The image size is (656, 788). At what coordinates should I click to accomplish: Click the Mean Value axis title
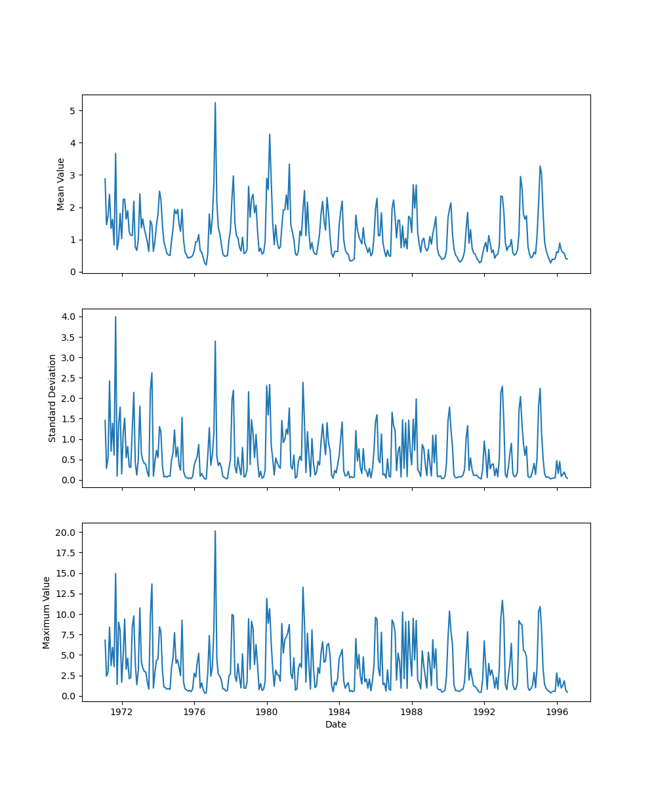click(x=61, y=184)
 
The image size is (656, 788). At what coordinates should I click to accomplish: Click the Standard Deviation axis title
click(x=52, y=398)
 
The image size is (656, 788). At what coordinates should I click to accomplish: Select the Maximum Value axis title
click(x=47, y=613)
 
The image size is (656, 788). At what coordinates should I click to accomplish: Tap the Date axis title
click(x=336, y=724)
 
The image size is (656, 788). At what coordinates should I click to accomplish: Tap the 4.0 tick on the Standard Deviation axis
click(x=68, y=317)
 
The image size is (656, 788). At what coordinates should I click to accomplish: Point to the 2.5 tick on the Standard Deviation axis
click(x=68, y=378)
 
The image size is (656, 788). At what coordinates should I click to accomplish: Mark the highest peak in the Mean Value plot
click(x=215, y=103)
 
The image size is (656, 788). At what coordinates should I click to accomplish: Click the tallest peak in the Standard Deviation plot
click(x=115, y=317)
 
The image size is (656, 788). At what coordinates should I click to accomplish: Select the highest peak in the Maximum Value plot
click(x=215, y=531)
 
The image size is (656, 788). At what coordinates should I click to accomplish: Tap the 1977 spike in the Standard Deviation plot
click(x=215, y=341)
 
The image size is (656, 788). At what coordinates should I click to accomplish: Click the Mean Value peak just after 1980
click(x=270, y=135)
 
